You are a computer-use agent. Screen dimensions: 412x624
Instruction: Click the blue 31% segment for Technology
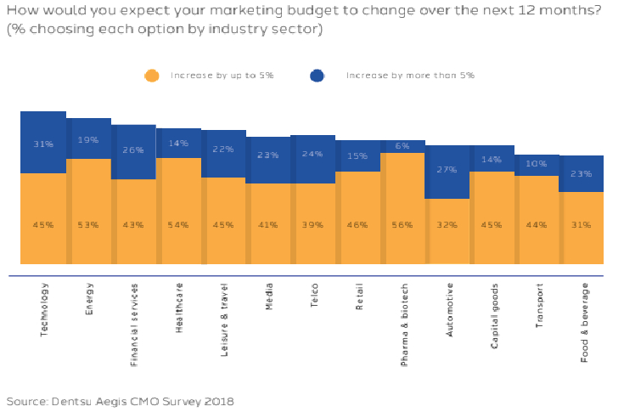(43, 143)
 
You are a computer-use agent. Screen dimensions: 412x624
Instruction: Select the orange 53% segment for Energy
(88, 211)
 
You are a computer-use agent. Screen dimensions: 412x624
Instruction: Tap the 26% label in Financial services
(133, 150)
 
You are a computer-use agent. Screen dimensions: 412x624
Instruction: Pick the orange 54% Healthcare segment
(178, 211)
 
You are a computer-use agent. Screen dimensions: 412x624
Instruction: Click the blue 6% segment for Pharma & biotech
(402, 146)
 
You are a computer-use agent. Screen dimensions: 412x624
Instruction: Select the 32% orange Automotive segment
(447, 230)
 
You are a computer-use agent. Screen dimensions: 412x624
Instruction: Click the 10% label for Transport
(537, 164)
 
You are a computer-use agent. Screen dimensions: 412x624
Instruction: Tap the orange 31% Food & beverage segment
(582, 227)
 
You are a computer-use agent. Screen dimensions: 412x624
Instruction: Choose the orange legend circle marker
(152, 76)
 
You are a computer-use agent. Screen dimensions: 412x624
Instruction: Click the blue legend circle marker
(318, 76)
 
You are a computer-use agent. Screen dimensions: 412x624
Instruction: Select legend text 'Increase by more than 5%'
(409, 76)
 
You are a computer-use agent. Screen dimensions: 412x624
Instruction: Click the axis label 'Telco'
(313, 296)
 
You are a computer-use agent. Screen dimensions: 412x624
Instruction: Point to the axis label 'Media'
(268, 297)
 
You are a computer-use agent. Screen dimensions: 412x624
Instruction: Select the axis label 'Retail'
(358, 297)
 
